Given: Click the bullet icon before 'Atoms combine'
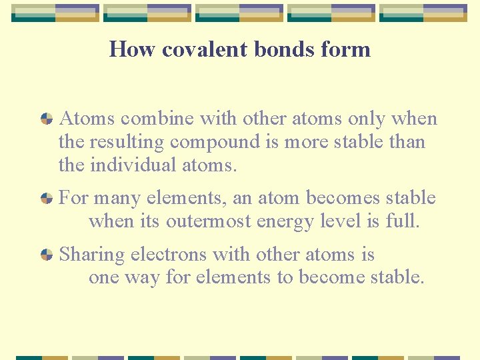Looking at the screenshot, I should point(47,119).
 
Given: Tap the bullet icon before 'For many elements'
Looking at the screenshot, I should point(47,198).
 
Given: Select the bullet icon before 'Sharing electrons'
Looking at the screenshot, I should point(47,255).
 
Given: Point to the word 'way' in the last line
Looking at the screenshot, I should point(146,277).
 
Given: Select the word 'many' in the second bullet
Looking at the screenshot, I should point(117,198).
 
